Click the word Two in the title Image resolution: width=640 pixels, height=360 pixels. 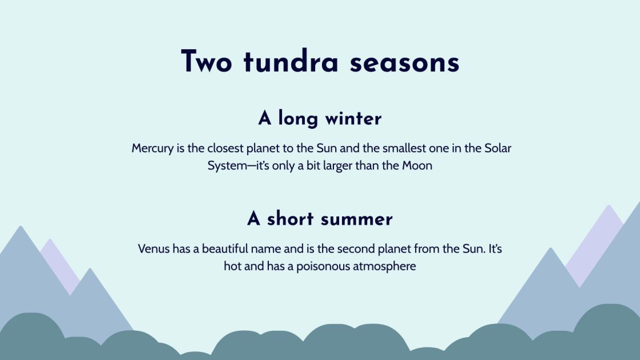[206, 62]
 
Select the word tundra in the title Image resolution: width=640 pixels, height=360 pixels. [291, 62]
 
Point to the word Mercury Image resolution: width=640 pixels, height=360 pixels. [153, 148]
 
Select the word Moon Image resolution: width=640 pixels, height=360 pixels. [417, 166]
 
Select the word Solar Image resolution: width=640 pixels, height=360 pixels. [498, 148]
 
